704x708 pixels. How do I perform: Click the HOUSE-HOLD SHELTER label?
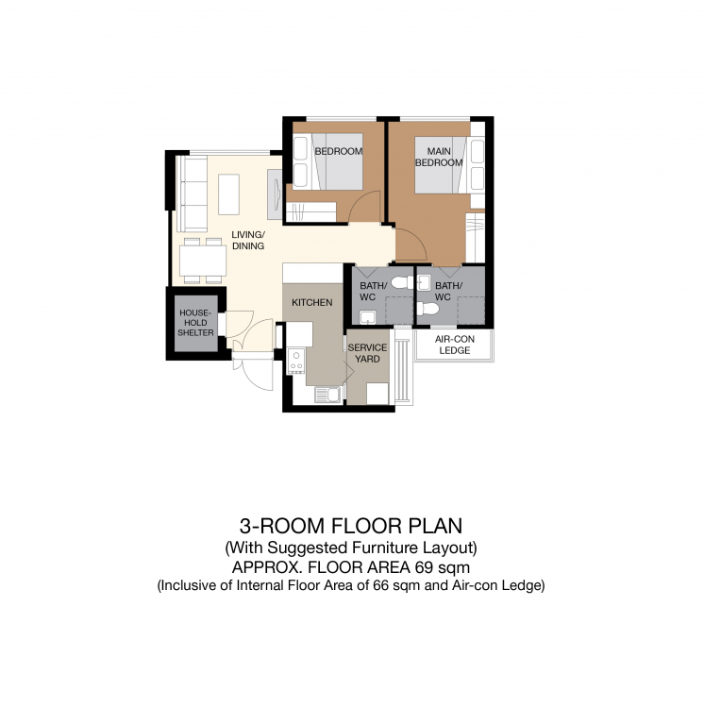195,323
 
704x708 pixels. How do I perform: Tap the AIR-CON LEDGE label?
455,345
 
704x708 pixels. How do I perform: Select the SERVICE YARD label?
367,353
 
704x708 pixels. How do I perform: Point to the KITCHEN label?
311,302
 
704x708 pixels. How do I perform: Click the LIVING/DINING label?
248,240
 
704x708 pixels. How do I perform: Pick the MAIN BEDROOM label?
439,157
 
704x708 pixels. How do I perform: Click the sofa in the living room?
192,194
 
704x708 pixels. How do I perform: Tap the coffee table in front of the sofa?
228,194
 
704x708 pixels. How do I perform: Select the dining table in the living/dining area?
203,261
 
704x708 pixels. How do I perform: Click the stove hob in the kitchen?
296,361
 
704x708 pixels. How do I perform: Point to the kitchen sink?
328,395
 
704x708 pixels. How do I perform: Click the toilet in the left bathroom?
402,282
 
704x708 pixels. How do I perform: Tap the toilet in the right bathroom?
427,309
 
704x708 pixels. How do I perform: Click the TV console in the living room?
275,194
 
